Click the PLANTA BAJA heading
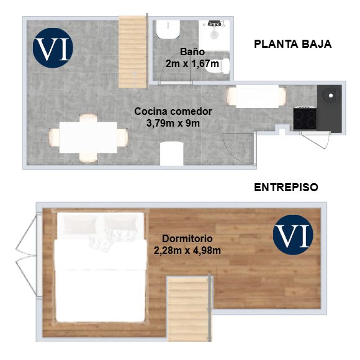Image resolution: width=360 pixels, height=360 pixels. (293, 44)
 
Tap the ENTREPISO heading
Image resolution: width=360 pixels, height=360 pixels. (286, 187)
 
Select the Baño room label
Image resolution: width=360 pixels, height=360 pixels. (192, 52)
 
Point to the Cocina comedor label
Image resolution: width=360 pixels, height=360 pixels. (173, 112)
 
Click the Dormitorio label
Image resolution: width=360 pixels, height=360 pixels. (187, 238)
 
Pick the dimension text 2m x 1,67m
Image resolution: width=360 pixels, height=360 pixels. (192, 63)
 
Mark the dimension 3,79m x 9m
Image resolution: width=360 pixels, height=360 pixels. (173, 124)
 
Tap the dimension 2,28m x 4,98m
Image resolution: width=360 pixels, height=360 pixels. (187, 251)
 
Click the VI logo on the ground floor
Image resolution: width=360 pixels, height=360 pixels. (53, 48)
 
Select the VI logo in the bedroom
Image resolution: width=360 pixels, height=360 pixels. (293, 235)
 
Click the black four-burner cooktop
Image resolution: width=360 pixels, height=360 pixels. (305, 119)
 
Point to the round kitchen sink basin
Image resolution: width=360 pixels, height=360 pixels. (330, 96)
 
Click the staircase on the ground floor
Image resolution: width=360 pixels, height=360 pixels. (133, 52)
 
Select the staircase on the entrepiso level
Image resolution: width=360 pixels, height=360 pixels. (188, 309)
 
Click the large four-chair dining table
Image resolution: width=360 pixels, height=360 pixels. (88, 138)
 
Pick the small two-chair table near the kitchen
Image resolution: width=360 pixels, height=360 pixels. (257, 96)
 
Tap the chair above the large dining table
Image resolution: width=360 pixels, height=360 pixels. (88, 118)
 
